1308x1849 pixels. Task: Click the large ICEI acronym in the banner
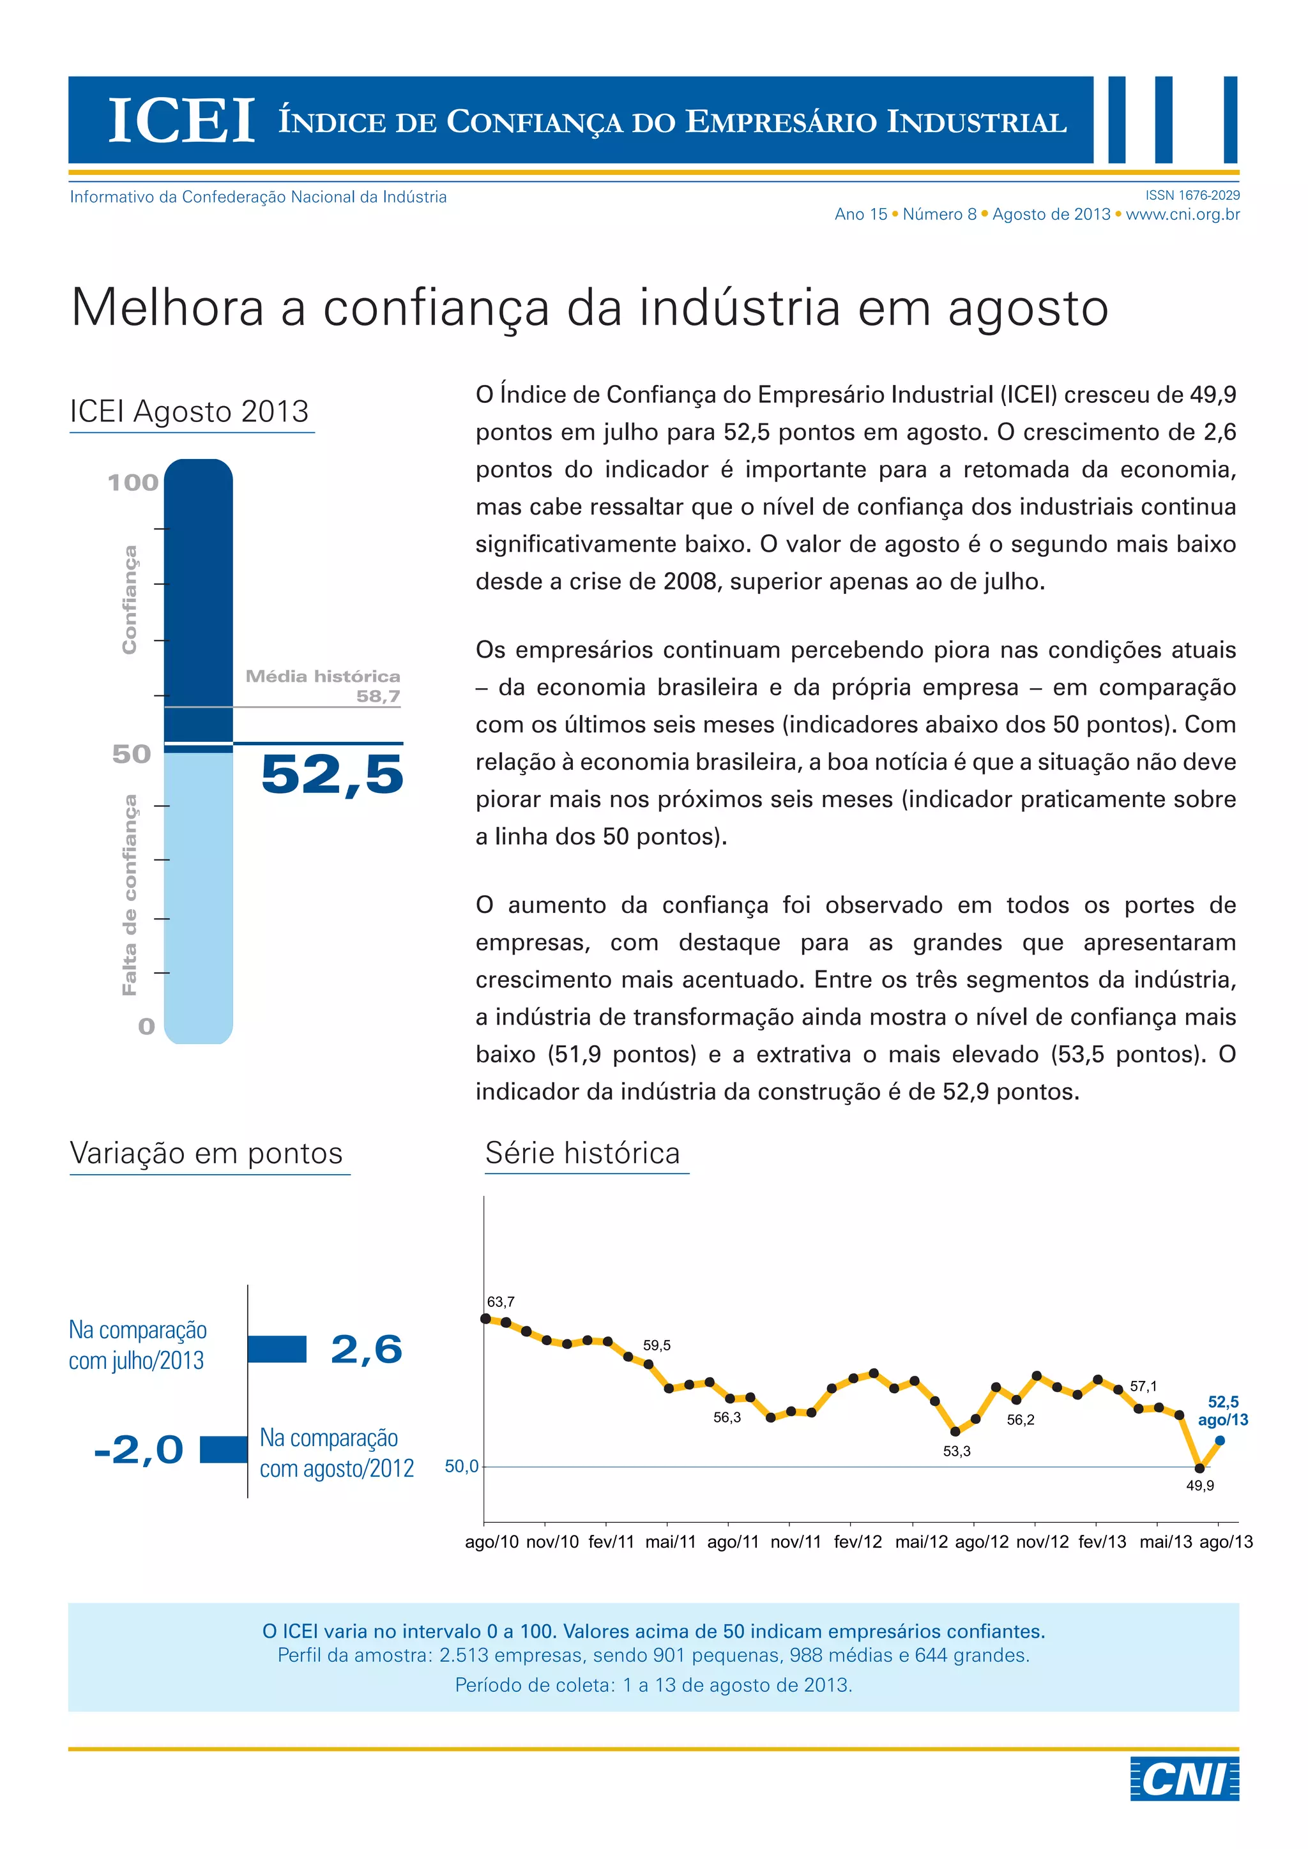click(182, 121)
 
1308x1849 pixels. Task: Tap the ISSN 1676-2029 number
click(1192, 195)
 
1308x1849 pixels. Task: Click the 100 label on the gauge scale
click(133, 483)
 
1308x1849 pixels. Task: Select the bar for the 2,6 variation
click(277, 1349)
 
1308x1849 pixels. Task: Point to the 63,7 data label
click(500, 1301)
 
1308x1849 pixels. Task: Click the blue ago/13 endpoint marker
click(1219, 1441)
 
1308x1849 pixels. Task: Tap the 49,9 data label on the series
click(1199, 1486)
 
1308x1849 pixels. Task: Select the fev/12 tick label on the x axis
click(858, 1541)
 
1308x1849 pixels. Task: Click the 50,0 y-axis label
click(462, 1467)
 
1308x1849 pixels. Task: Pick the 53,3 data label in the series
click(957, 1451)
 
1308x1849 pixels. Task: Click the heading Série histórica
click(582, 1153)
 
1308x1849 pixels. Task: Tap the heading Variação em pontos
click(206, 1153)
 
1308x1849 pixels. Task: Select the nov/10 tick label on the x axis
click(552, 1541)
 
